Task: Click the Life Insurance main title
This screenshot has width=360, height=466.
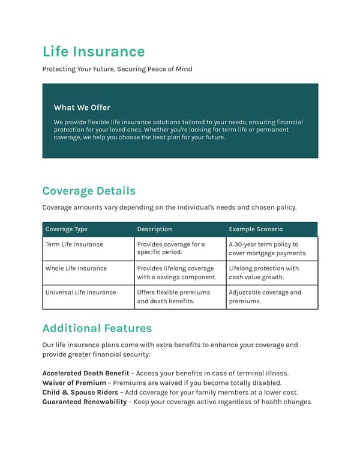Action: (94, 52)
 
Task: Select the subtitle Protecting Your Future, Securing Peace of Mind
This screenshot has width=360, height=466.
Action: (117, 69)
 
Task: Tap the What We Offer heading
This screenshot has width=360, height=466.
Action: (82, 107)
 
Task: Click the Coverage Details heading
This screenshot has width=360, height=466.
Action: (89, 191)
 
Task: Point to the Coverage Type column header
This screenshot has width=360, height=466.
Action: (66, 229)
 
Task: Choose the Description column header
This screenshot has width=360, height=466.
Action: (154, 229)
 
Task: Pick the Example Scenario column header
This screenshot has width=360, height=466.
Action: (256, 229)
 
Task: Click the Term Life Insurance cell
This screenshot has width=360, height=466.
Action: (74, 244)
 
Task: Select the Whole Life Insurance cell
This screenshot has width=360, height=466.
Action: (76, 268)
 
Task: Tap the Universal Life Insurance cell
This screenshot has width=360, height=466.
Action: (80, 292)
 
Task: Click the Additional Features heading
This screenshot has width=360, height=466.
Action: (97, 328)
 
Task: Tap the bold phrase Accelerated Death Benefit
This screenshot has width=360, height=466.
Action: (85, 374)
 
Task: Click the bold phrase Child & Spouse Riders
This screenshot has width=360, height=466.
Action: (80, 393)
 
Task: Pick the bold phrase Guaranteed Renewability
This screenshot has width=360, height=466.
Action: (84, 402)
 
